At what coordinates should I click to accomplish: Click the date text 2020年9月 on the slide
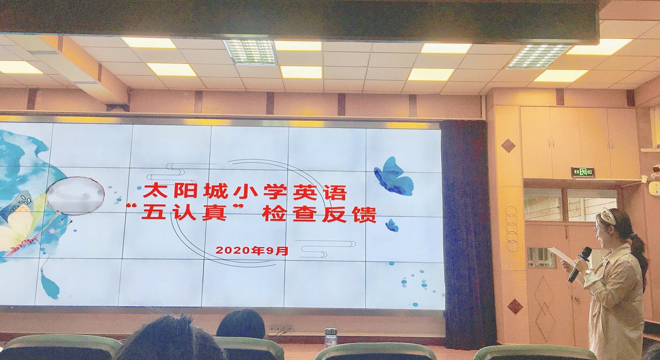point(252,250)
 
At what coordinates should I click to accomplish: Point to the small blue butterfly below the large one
point(392,226)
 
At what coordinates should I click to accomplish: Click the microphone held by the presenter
point(580,264)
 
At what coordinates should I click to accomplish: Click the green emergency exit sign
point(583,172)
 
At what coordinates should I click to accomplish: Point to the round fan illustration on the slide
point(76,195)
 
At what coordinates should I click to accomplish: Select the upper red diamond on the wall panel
point(508,146)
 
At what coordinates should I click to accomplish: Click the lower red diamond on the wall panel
point(515,306)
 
